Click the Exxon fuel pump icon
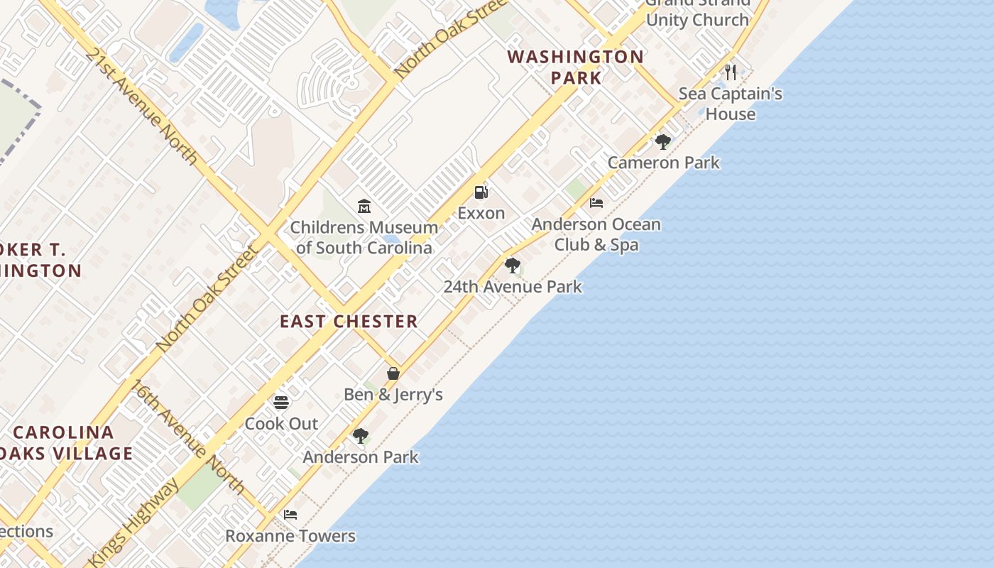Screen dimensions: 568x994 tap(481, 192)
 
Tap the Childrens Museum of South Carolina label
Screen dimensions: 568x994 tap(364, 238)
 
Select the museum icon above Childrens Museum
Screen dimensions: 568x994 tap(364, 207)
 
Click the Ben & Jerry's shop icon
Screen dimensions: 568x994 tap(393, 373)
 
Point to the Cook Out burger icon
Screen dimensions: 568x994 tap(281, 403)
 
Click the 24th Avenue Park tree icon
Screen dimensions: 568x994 tap(512, 266)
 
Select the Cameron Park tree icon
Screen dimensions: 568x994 tap(663, 142)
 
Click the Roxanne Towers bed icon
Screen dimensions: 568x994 tap(290, 515)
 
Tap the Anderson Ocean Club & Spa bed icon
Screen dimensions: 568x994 tap(596, 203)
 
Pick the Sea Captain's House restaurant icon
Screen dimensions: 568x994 tap(731, 72)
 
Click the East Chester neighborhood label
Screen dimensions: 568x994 tap(349, 322)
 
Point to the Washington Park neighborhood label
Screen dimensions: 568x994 tap(576, 67)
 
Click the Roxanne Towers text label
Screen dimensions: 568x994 tap(290, 536)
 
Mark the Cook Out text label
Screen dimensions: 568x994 tap(281, 424)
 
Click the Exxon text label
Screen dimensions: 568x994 tap(481, 213)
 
